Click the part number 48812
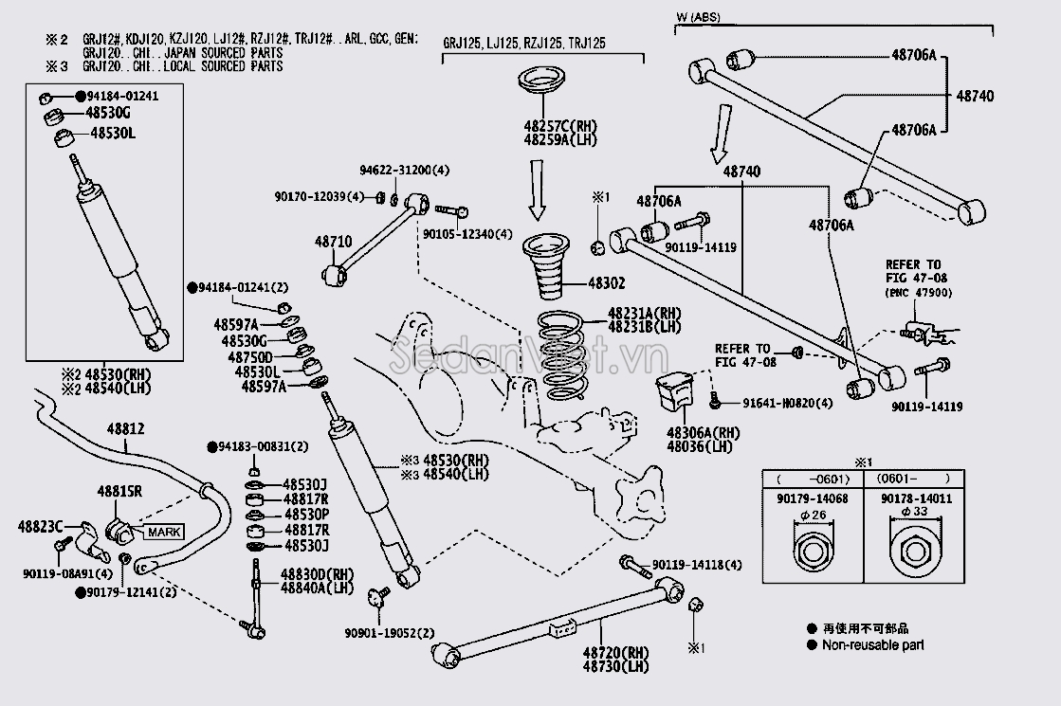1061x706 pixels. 125,429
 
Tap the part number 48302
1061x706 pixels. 607,283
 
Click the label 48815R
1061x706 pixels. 119,491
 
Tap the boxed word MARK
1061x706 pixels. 162,532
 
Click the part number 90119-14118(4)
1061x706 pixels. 697,565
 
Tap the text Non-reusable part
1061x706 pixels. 872,645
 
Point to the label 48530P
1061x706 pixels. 305,515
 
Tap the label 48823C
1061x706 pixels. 40,525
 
